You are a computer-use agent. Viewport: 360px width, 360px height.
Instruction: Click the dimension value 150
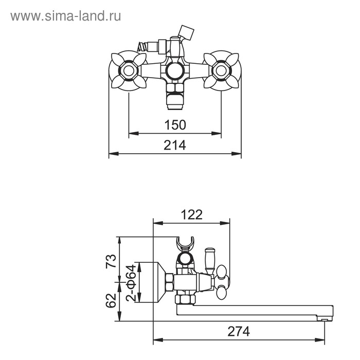pyautogui.click(x=175, y=124)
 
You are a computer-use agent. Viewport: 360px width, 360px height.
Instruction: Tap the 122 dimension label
pyautogui.click(x=191, y=214)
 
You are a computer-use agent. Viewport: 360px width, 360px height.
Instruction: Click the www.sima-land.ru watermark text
pyautogui.click(x=66, y=16)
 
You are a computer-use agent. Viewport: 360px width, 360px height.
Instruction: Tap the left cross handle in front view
pyautogui.click(x=127, y=70)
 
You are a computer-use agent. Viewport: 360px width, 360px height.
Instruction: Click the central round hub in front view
pyautogui.click(x=174, y=71)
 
